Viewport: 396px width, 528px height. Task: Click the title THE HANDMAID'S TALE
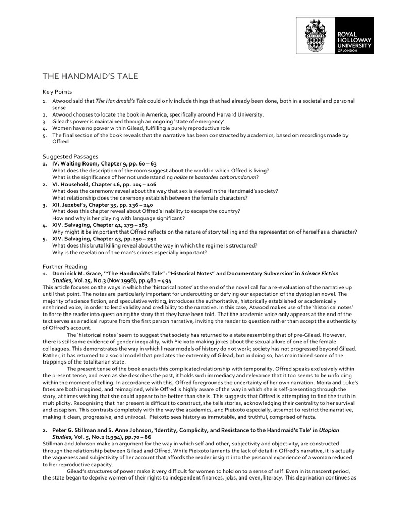90,76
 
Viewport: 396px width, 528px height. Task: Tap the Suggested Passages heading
70,156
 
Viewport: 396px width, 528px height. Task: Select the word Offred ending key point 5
60,142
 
